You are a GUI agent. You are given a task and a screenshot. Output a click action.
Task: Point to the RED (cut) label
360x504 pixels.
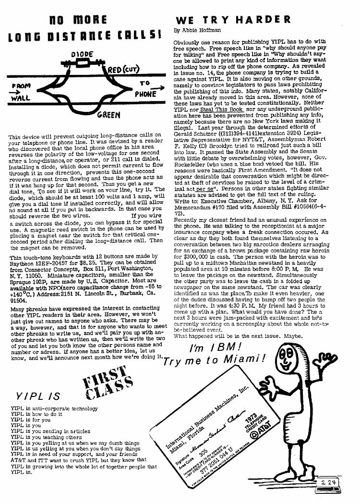(123, 70)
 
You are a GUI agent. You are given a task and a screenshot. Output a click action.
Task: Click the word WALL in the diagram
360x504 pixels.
(21, 99)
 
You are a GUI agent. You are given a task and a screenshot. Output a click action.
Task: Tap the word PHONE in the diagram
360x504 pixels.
(146, 94)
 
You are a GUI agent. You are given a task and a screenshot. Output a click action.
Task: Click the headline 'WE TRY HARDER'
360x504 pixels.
(233, 20)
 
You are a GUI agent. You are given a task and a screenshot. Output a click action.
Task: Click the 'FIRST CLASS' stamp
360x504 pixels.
(108, 384)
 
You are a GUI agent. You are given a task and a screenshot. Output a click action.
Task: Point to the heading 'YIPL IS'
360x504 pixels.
(38, 396)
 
